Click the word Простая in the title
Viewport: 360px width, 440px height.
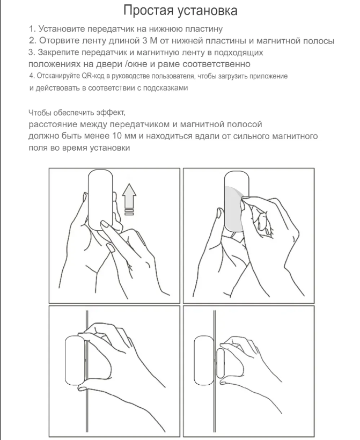(x=149, y=11)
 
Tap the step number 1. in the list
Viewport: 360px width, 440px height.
(x=33, y=28)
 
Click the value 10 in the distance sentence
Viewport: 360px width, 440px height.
(x=117, y=136)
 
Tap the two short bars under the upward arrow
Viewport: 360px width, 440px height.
(x=129, y=212)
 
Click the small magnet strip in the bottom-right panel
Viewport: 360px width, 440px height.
(x=221, y=363)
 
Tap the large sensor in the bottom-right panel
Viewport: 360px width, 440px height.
(x=204, y=361)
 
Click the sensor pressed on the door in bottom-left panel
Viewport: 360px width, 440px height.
(x=75, y=361)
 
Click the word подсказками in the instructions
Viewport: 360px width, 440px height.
(x=166, y=88)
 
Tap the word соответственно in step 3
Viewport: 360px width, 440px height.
(x=216, y=64)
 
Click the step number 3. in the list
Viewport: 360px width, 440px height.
(x=32, y=53)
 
